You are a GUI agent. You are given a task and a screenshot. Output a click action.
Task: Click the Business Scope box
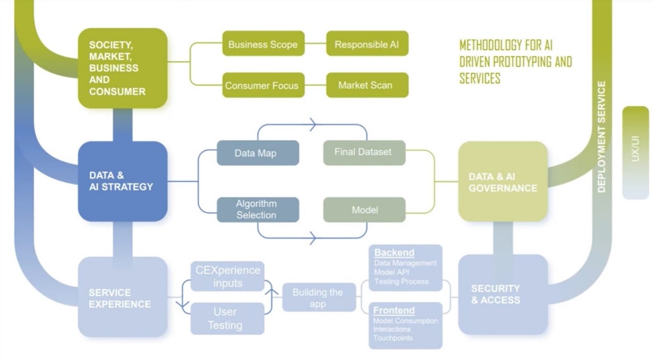click(263, 44)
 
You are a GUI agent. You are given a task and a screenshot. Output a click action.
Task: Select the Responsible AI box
click(367, 44)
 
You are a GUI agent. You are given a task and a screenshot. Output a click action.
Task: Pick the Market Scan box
click(367, 85)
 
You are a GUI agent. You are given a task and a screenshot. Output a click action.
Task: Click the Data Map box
click(258, 153)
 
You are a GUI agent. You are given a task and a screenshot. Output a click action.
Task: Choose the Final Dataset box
click(364, 152)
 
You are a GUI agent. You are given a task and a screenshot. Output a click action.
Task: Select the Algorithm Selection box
click(258, 209)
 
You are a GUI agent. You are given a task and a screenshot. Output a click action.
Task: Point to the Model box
click(364, 209)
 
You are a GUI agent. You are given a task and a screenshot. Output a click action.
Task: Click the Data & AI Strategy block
click(123, 181)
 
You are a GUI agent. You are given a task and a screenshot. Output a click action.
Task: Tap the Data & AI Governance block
click(503, 182)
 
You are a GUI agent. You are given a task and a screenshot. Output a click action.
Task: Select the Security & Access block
click(503, 294)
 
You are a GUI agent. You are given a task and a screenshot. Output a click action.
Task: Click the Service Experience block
click(123, 297)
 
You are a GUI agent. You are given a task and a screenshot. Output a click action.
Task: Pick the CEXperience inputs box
click(228, 276)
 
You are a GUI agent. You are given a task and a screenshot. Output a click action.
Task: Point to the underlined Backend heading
click(394, 253)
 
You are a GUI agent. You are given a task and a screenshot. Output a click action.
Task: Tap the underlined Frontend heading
click(394, 310)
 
